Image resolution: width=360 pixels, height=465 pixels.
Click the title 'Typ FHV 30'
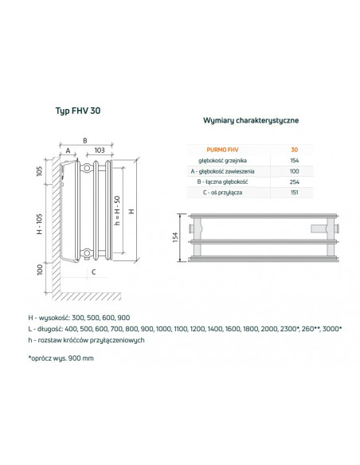tap(77, 112)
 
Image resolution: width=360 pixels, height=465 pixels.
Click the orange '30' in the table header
tap(295, 149)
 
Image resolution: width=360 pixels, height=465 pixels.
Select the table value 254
tap(295, 182)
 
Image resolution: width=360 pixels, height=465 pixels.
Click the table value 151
tap(295, 193)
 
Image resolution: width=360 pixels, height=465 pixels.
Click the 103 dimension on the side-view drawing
tap(100, 150)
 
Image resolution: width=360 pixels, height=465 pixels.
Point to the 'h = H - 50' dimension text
tap(115, 210)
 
